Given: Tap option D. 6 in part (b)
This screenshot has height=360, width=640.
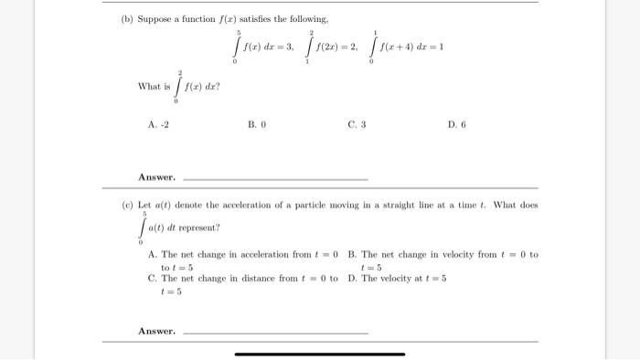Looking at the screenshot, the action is click(457, 124).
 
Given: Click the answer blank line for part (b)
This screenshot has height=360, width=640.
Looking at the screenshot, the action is click(275, 179).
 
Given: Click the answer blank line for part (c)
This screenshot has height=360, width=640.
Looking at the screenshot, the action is click(275, 332).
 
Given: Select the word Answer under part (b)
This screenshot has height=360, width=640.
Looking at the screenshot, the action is click(156, 177).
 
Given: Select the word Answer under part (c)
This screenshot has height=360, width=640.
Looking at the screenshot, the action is click(156, 330).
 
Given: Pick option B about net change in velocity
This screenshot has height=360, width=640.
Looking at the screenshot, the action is click(443, 260).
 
